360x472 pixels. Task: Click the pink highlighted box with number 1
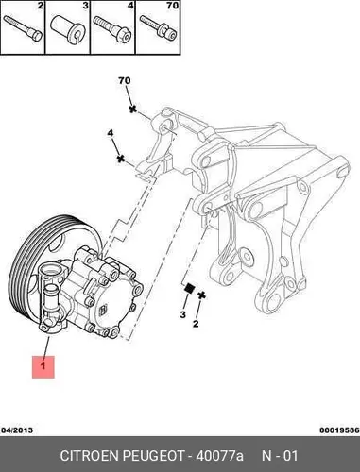pos(43,366)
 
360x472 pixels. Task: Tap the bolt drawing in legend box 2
pos(23,28)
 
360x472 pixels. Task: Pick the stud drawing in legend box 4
pos(112,29)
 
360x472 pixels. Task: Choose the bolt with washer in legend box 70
pos(159,29)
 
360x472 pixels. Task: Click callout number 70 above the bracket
pos(125,81)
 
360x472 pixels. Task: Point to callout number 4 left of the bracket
pos(110,133)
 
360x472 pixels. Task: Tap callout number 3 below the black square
pos(182,314)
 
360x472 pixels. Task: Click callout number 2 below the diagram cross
pos(196,323)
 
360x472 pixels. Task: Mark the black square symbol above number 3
pos(189,288)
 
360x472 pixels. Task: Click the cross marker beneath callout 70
pos(133,110)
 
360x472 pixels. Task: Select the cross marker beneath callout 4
pos(121,159)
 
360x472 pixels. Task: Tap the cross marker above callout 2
pos(201,295)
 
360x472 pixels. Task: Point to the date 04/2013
pos(17,430)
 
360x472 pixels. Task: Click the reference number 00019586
pos(339,430)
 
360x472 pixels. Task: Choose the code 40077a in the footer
pos(220,456)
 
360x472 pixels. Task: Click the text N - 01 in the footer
pos(280,456)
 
